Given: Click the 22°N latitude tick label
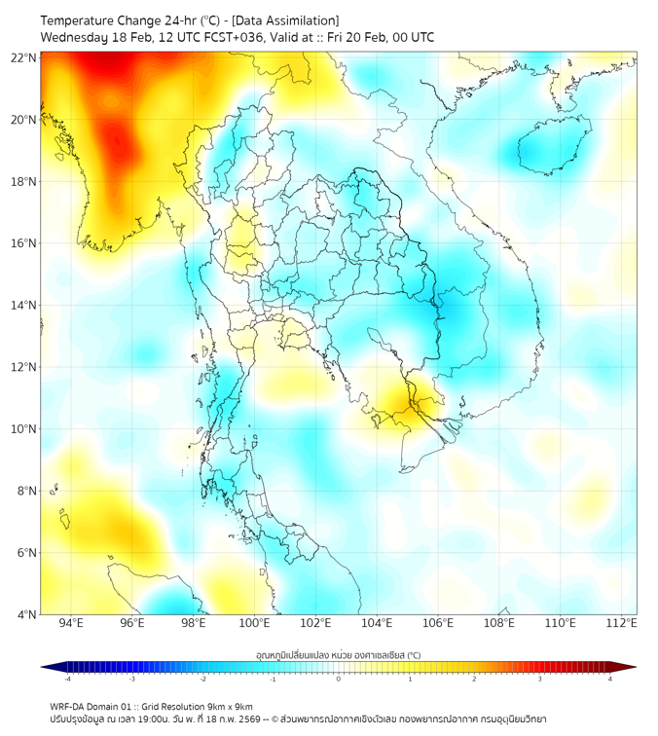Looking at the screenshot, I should tap(24, 57).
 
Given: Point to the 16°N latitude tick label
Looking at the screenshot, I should tap(24, 243).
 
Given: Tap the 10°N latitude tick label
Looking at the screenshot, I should tap(24, 429).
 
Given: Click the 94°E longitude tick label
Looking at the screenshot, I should tap(71, 623).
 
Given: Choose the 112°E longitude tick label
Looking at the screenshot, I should tap(622, 623).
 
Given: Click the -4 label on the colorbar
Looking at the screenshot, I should tap(66, 679).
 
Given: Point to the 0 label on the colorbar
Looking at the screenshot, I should tap(339, 679).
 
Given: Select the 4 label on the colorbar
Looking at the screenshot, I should tap(610, 679).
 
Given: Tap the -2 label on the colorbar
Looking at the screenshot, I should tap(202, 679).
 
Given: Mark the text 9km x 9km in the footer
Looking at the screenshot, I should tap(226, 707).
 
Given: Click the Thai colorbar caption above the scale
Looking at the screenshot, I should tap(338, 655).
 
